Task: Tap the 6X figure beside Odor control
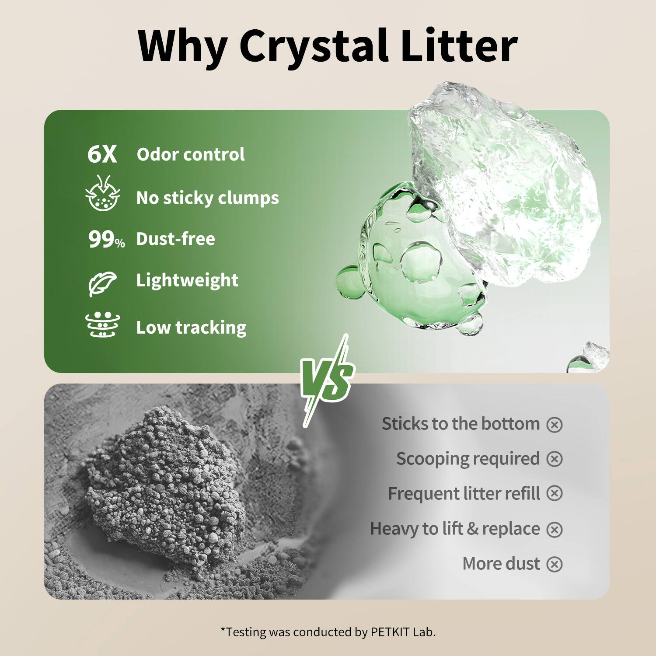(x=102, y=154)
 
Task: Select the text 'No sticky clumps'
(x=207, y=198)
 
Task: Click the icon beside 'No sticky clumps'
(x=103, y=194)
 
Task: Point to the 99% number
(x=106, y=240)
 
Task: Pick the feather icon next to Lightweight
(x=102, y=283)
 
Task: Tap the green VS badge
(x=327, y=379)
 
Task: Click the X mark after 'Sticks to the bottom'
(x=555, y=425)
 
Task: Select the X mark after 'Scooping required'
(x=555, y=459)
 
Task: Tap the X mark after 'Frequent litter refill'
(x=555, y=494)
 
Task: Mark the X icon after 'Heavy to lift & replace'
(x=555, y=530)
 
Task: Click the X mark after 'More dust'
(x=555, y=564)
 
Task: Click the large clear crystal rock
(x=503, y=184)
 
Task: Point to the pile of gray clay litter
(x=162, y=485)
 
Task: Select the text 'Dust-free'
(x=175, y=239)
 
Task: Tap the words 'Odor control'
(x=191, y=154)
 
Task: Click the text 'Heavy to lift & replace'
(x=455, y=529)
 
